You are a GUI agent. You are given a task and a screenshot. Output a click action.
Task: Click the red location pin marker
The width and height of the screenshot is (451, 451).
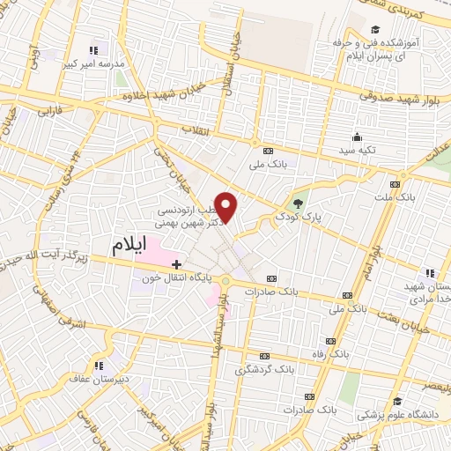(226, 208)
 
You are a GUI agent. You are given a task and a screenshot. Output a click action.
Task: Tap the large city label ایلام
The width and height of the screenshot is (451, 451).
(135, 247)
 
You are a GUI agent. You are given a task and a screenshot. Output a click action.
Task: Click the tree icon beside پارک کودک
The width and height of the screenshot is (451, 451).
(298, 203)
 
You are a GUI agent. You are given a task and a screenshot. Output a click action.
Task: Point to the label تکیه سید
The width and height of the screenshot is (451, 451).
(357, 151)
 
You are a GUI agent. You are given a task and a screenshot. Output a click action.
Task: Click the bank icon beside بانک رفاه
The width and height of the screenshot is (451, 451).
(330, 341)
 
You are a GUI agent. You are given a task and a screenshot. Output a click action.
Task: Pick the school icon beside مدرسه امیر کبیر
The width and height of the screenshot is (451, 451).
(92, 50)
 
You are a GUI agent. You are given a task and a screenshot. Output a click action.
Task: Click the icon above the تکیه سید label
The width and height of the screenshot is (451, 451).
(357, 137)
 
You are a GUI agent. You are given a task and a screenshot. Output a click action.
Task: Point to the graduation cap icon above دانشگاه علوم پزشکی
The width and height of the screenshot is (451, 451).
(397, 403)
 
